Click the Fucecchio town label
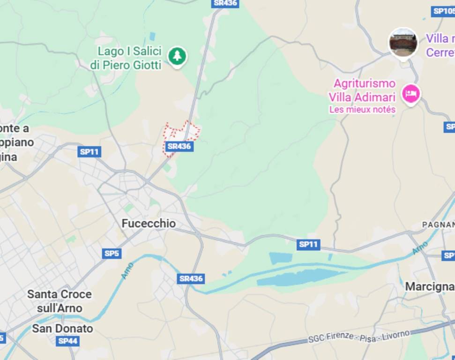pos(149,224)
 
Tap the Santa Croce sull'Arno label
pos(60,301)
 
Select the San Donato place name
pos(62,329)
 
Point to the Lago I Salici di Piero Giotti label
pos(126,58)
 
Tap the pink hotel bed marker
pos(411,93)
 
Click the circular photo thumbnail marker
pos(403,43)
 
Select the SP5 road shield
pos(112,254)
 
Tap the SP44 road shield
pos(67,341)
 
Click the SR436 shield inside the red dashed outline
pos(179,146)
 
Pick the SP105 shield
pos(443,11)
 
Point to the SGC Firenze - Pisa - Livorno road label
pos(359,336)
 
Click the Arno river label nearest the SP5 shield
pos(127,270)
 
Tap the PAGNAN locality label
pos(438,225)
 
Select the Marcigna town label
pos(429,286)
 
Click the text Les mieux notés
pos(362,110)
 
